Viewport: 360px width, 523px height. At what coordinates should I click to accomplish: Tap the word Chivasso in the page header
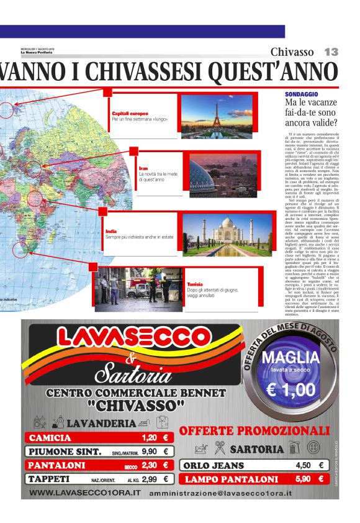tap(292, 52)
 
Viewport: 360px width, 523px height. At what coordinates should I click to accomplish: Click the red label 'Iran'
tap(143, 168)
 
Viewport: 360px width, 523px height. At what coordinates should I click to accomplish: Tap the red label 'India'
tap(111, 232)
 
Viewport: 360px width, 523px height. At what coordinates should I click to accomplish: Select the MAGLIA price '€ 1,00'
tap(290, 390)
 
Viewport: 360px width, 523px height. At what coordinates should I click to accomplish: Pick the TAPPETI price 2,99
tap(149, 479)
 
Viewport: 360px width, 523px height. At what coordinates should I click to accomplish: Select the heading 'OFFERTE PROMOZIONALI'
tap(254, 431)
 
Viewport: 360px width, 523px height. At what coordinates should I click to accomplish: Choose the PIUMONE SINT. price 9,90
tap(149, 452)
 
